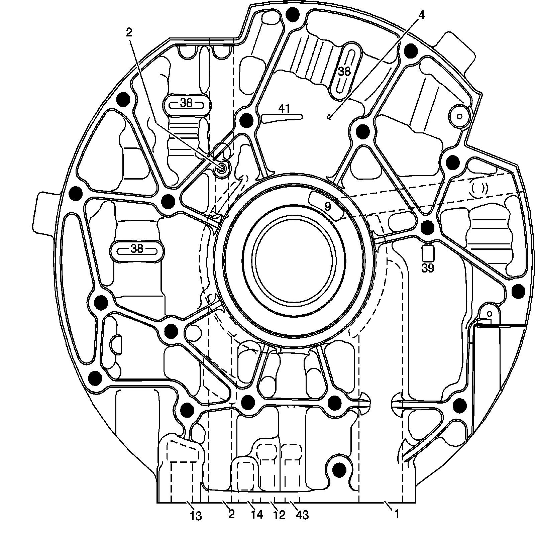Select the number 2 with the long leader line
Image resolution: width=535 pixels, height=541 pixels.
pos(129,32)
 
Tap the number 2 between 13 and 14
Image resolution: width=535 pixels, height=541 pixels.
pos(231,514)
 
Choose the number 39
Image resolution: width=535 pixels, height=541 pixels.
pos(428,268)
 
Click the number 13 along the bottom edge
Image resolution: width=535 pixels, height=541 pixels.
pos(196,516)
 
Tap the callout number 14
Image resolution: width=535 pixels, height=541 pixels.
pos(257,514)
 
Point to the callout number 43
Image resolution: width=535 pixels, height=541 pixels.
pos(302,515)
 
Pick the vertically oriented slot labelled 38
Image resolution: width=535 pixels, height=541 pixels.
pos(344,71)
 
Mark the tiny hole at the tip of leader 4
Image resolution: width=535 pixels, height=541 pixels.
pos(329,117)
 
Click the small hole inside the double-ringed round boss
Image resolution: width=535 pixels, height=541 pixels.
pos(459,116)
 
